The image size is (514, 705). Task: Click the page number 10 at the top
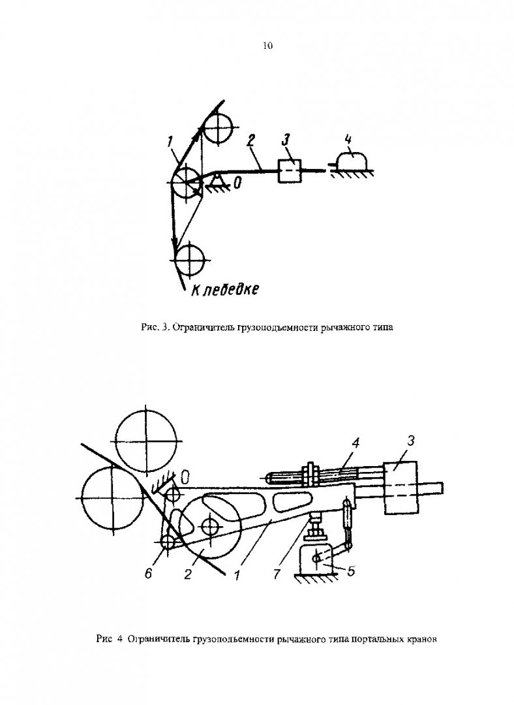pos(267,46)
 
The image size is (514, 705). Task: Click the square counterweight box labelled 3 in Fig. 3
pos(290,171)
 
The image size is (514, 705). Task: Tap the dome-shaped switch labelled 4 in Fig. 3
pos(352,161)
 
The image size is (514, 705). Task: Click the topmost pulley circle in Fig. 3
pos(217,128)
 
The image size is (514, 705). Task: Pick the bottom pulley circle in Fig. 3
pos(189,259)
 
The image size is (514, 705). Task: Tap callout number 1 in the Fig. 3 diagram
pos(170,142)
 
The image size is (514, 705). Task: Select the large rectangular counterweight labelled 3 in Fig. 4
pos(401,488)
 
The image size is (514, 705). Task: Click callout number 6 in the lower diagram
pos(149,573)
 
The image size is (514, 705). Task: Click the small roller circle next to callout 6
pos(168,542)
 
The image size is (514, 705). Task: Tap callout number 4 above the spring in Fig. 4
pos(355,443)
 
